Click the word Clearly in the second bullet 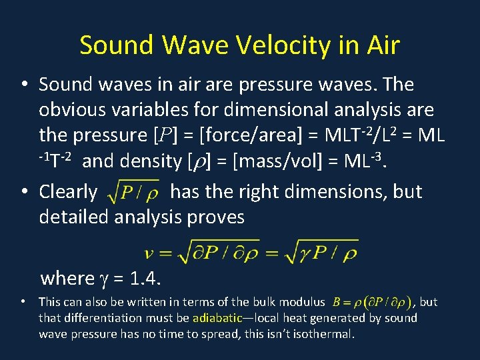[69, 191]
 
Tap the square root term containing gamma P [317, 252]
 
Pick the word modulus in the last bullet [305, 302]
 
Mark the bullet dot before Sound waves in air [23, 85]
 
